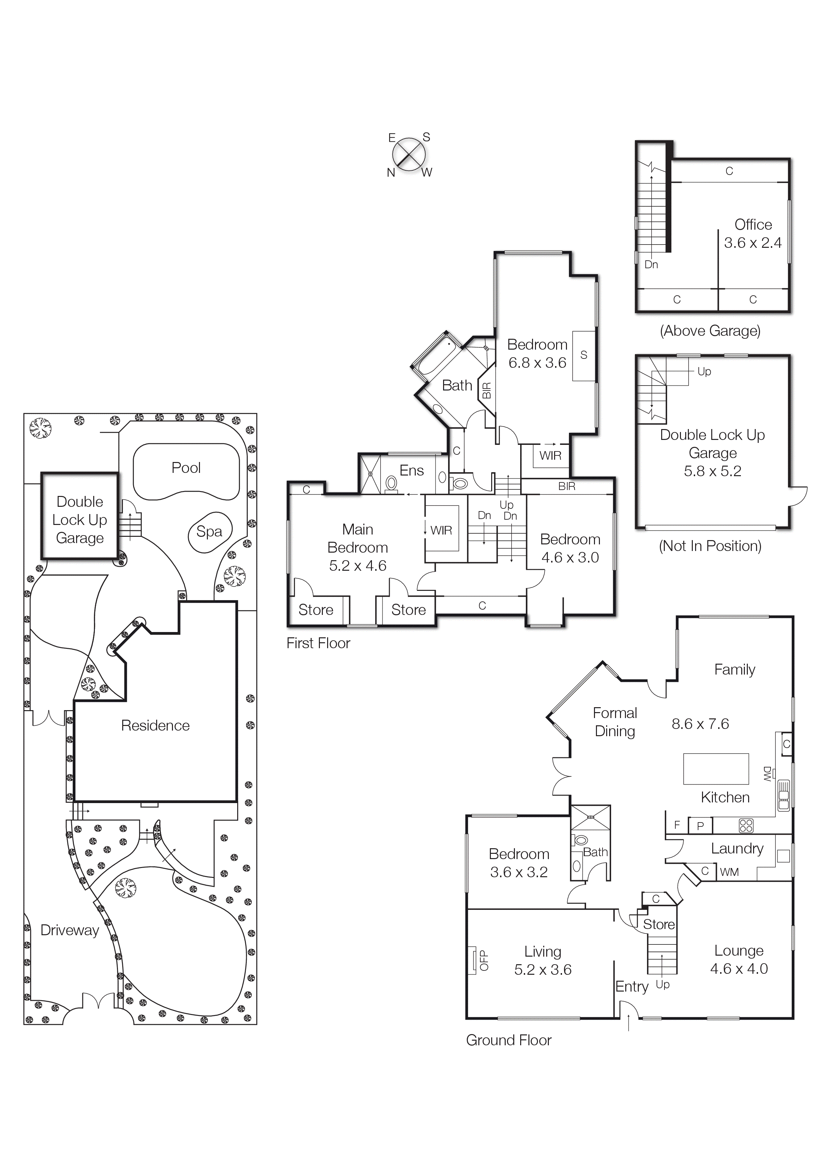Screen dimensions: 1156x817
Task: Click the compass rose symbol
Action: click(409, 155)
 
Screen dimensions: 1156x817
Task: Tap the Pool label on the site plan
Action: click(186, 468)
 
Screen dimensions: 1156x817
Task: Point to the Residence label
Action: click(155, 726)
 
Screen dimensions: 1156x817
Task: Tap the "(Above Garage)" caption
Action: click(710, 331)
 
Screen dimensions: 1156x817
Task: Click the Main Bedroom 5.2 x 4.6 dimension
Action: click(357, 565)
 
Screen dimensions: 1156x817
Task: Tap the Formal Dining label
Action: click(615, 722)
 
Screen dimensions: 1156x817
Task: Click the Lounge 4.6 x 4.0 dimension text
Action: click(739, 969)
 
